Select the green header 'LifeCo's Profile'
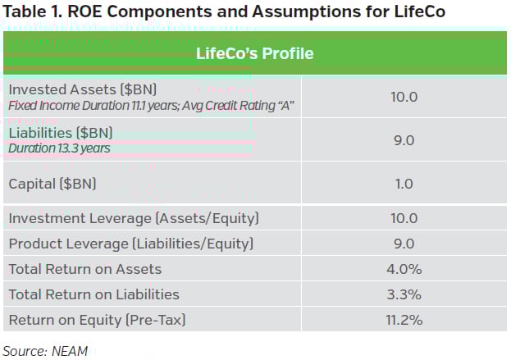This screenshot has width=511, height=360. [x=254, y=54]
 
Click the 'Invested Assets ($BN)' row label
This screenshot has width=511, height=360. [x=81, y=89]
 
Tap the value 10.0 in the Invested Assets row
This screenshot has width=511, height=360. [x=404, y=97]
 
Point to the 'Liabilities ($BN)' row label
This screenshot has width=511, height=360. [x=60, y=133]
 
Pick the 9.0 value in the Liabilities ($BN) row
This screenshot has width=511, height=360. [x=404, y=140]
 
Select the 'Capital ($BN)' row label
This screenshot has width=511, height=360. [x=52, y=184]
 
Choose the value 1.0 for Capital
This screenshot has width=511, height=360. [x=404, y=184]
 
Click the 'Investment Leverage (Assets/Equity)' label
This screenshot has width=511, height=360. [x=132, y=218]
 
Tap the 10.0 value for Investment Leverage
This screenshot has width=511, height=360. [x=404, y=218]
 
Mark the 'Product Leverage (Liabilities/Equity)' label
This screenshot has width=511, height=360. [x=130, y=244]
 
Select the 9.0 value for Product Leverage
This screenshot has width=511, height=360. [x=404, y=244]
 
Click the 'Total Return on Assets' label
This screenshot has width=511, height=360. [x=84, y=269]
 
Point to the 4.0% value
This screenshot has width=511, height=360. [x=404, y=269]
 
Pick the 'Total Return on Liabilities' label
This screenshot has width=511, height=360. [x=94, y=294]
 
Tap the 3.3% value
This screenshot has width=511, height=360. [x=404, y=294]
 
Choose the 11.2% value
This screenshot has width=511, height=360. [x=404, y=320]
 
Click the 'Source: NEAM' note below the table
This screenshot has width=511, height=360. [x=45, y=350]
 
